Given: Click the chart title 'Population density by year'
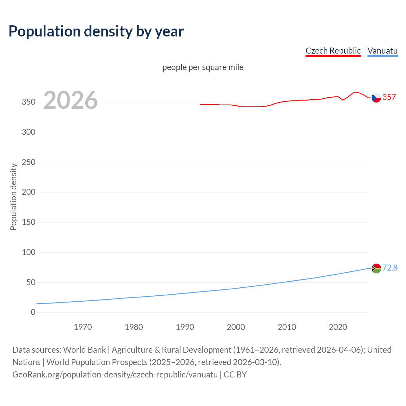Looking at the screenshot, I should [x=96, y=31].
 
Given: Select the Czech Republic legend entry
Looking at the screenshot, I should [x=333, y=51].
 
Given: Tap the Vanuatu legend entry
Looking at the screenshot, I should [x=382, y=51].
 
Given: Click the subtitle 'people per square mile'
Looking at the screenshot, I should [x=203, y=67].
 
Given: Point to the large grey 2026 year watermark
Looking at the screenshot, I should [x=70, y=100].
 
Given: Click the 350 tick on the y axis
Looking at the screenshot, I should [x=29, y=102].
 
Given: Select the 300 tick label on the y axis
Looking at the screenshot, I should [x=29, y=132].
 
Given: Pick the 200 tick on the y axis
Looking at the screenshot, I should [x=29, y=192].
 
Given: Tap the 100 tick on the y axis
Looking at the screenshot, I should [x=29, y=252].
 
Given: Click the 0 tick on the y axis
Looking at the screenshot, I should [x=33, y=312].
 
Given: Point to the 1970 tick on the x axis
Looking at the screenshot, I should [x=83, y=327].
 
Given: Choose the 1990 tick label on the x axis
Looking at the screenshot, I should [x=185, y=327].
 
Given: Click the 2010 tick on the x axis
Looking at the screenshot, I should [x=287, y=327].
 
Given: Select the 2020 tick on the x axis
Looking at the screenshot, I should [x=338, y=327].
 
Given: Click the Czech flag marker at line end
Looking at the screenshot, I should [x=376, y=98].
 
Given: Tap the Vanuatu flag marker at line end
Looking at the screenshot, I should [x=376, y=268].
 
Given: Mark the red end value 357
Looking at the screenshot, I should [x=389, y=97].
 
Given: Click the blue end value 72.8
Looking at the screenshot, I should [x=390, y=268].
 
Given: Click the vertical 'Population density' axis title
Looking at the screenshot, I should [x=13, y=197].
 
